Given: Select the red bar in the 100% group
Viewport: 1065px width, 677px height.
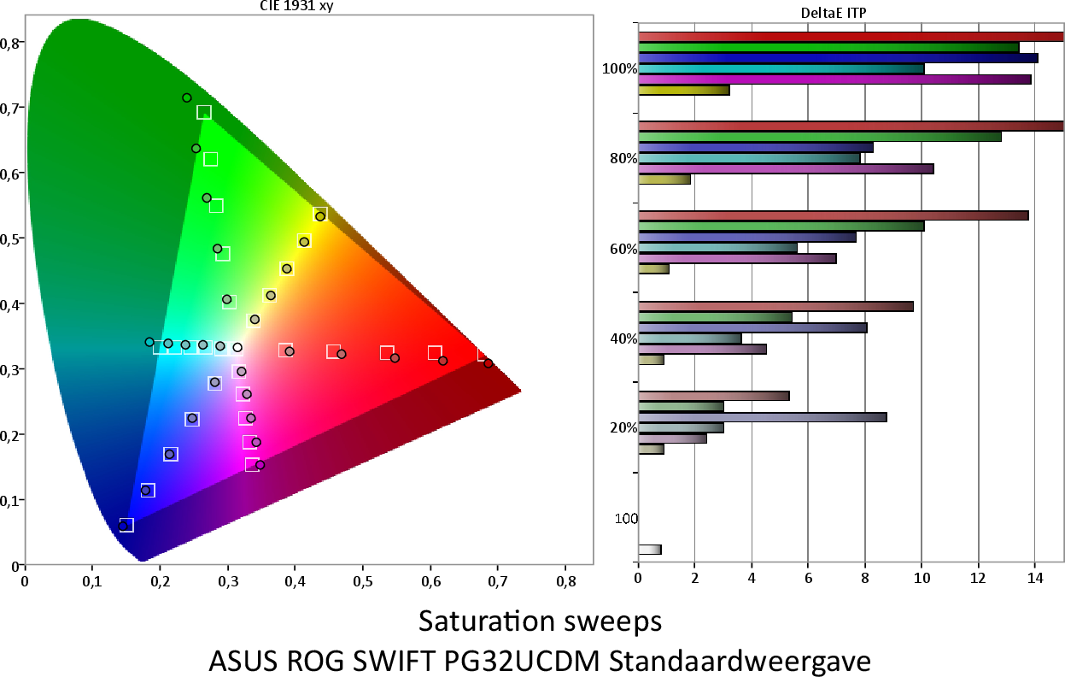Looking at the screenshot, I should (x=850, y=37).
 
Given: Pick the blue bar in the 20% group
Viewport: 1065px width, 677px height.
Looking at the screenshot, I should (x=762, y=417).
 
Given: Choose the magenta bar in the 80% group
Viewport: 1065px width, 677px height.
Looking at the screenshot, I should (x=786, y=168).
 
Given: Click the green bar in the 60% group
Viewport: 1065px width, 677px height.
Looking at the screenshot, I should (x=781, y=227).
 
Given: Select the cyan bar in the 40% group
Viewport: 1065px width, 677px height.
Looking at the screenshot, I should (x=689, y=338).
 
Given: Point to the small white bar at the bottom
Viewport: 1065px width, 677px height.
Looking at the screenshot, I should (x=649, y=550).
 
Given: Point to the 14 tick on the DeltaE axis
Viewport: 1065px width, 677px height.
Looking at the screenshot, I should (x=1035, y=577).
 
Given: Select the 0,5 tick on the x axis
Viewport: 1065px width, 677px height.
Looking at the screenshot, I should (x=363, y=581).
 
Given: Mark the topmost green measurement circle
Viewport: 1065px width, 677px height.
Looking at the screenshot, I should (x=187, y=98).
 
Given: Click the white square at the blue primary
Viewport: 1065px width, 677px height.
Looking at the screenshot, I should (x=126, y=525).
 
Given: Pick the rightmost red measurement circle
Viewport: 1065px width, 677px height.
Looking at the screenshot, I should (x=489, y=363).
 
